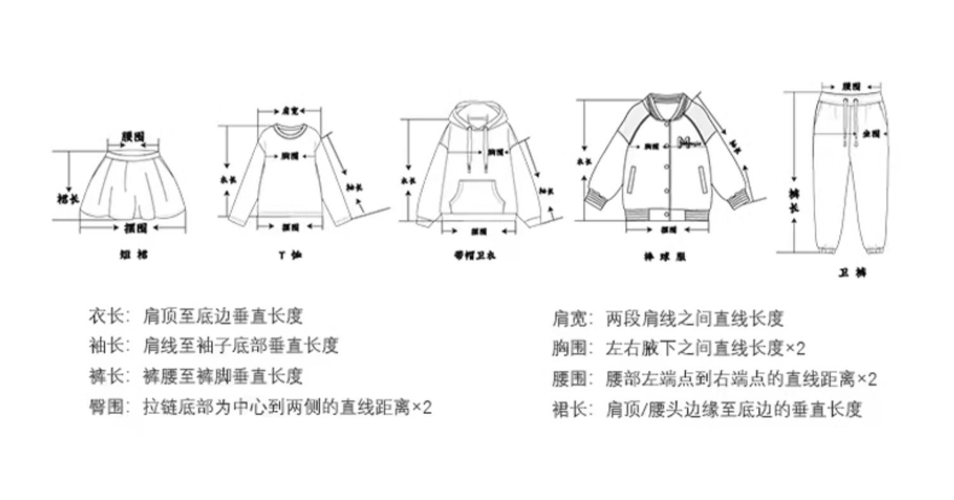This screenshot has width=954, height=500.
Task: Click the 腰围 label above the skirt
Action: point(133,136)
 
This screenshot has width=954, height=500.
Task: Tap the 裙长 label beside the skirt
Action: point(67,198)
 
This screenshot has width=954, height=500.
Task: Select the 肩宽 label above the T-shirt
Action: point(290,111)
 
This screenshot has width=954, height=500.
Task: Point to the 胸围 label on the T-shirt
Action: point(290,155)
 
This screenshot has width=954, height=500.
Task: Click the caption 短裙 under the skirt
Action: point(134,254)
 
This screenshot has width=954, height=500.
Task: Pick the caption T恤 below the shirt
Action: point(290,255)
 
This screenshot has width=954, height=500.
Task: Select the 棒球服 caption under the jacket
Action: point(665,257)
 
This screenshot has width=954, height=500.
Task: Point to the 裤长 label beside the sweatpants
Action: point(794,200)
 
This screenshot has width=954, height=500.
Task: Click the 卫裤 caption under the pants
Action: point(852,273)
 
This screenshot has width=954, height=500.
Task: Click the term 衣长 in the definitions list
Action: point(106,316)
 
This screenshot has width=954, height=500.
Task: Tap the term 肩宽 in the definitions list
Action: point(569,318)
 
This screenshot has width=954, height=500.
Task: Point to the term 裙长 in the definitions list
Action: point(569,410)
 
